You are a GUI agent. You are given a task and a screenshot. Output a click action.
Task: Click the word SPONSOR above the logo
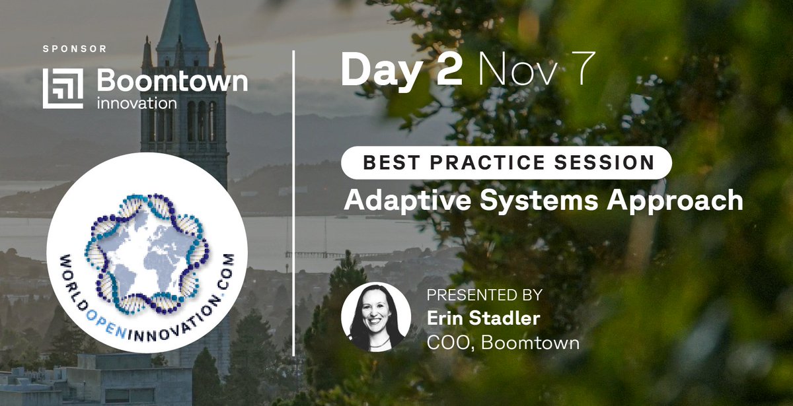pyautogui.click(x=74, y=49)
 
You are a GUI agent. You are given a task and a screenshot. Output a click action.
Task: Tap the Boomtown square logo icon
pyautogui.click(x=63, y=88)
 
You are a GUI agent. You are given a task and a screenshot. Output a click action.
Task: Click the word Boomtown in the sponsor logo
pyautogui.click(x=172, y=81)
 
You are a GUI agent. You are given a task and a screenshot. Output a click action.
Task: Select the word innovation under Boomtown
pyautogui.click(x=136, y=104)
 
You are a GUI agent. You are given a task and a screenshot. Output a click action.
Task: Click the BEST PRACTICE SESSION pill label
pyautogui.click(x=506, y=162)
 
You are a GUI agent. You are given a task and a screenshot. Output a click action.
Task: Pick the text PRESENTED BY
pyautogui.click(x=484, y=295)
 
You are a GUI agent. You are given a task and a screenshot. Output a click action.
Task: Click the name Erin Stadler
pyautogui.click(x=483, y=319)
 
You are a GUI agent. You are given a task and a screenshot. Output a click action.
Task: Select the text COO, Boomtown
pyautogui.click(x=503, y=343)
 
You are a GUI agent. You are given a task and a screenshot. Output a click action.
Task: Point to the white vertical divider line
pyautogui.click(x=293, y=198)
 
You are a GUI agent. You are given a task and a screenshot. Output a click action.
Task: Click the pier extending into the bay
pyautogui.click(x=324, y=254)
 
